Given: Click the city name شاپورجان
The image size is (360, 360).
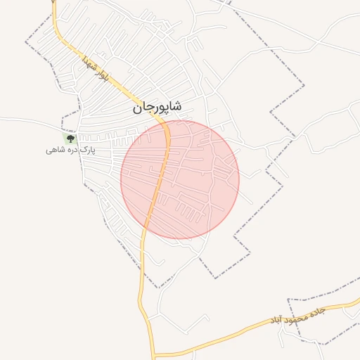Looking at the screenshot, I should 156,107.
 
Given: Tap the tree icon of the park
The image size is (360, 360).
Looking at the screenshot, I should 70,139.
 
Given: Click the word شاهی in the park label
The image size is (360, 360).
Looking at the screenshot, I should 56,150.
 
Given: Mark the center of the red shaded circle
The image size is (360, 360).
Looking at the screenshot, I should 180,179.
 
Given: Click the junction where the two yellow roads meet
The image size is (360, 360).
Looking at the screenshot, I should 154,355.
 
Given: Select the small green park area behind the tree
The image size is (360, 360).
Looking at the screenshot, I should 70,140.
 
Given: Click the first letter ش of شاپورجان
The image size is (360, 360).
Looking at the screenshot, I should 176,106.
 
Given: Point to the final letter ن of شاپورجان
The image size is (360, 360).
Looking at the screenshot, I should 136,108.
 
